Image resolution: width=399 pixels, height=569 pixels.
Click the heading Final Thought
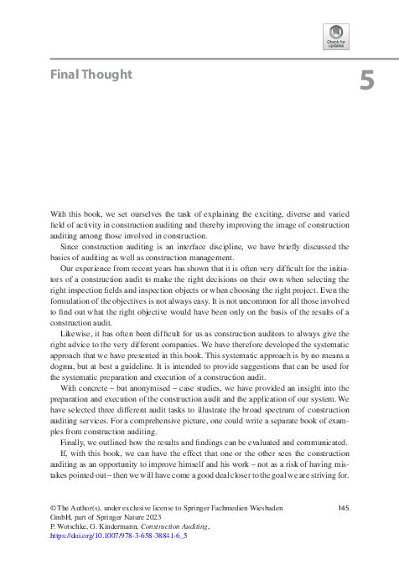91,74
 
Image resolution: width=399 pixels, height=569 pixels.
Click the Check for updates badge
336,38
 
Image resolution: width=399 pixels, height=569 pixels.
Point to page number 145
342,508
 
